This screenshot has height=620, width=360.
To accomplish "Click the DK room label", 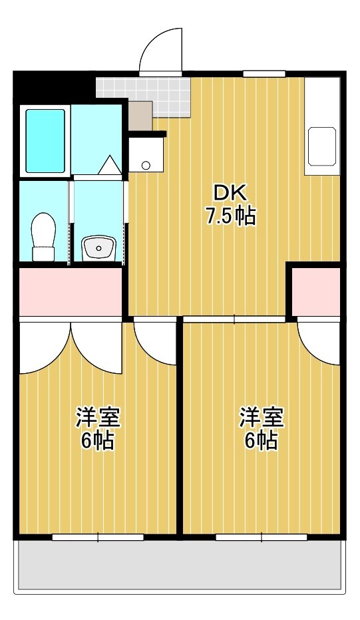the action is coord(230,194).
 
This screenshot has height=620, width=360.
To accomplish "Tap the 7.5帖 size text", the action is coord(230,216).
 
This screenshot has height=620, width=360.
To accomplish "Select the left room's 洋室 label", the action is coord(98,417).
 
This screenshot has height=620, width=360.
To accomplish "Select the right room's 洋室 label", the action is coord(261,417).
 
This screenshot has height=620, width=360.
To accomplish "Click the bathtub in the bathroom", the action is coord(45,141).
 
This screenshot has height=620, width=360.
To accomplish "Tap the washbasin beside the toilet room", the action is coord(98,249).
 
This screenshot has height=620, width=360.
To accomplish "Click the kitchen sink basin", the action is coord(322,146).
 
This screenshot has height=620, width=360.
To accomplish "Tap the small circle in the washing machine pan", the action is coord(146,165).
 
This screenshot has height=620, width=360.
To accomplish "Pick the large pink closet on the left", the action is coord(71,292).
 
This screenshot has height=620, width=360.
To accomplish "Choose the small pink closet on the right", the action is coord(316,292).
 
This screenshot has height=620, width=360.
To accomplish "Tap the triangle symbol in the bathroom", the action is coord(110,165).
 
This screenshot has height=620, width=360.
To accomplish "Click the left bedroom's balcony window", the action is coord(98,537).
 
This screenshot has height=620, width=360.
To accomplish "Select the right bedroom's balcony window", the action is coord(262,537).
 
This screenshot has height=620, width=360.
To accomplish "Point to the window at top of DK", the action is coord(264,74).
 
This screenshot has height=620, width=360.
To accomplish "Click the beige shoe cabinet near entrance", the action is coord(140,116).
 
